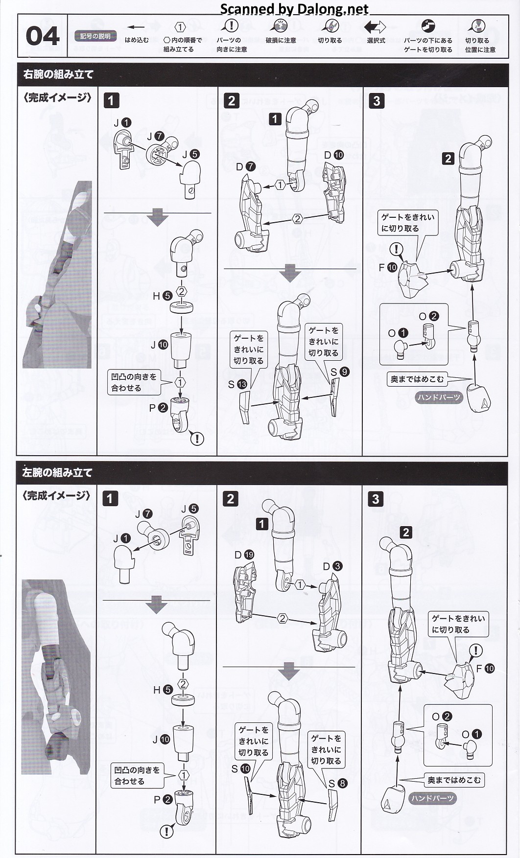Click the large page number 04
[43, 37]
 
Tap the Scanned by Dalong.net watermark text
[294, 9]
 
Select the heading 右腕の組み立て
[58, 74]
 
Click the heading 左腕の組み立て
[57, 473]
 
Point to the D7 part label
[245, 167]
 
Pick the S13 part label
[237, 384]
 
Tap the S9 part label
[339, 372]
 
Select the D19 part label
[244, 555]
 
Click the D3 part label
[332, 566]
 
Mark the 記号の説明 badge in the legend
[95, 36]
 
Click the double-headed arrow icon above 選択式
[375, 27]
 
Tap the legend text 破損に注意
[281, 41]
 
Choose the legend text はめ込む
[137, 40]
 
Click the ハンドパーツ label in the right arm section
[439, 397]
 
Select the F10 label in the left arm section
[485, 669]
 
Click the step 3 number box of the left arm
[376, 499]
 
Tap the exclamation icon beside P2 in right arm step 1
[197, 439]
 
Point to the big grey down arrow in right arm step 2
[290, 273]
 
